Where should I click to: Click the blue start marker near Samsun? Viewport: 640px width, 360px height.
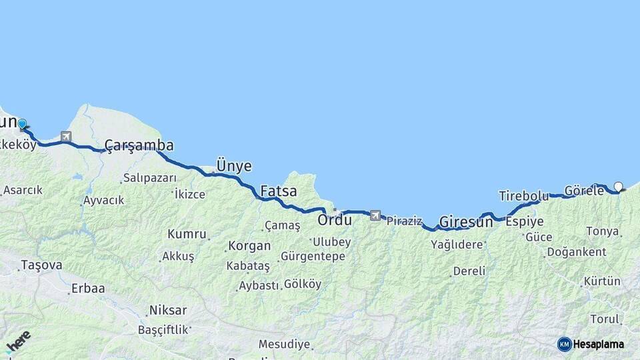click(x=22, y=123)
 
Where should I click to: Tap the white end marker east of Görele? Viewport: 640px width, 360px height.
click(x=618, y=187)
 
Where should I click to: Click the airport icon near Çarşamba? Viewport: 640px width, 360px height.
click(x=65, y=137)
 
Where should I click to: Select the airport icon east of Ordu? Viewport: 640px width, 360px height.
click(x=375, y=215)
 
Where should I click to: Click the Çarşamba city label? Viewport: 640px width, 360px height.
click(x=139, y=146)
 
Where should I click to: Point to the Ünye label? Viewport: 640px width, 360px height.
click(x=233, y=166)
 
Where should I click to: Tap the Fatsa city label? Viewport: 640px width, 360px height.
click(x=278, y=191)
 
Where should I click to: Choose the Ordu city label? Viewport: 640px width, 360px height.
click(x=334, y=219)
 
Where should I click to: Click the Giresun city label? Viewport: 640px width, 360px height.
click(x=466, y=222)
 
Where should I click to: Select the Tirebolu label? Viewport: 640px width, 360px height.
click(x=523, y=196)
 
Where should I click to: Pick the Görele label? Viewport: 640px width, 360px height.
click(x=584, y=191)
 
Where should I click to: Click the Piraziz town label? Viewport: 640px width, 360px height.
click(x=404, y=221)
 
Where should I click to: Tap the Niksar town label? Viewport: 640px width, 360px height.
click(x=168, y=310)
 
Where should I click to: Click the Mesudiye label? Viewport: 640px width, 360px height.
click(x=284, y=345)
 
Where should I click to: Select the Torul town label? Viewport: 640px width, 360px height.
click(x=604, y=319)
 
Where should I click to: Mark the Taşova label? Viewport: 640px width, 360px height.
click(x=41, y=265)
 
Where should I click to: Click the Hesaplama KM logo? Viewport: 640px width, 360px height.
click(x=591, y=344)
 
